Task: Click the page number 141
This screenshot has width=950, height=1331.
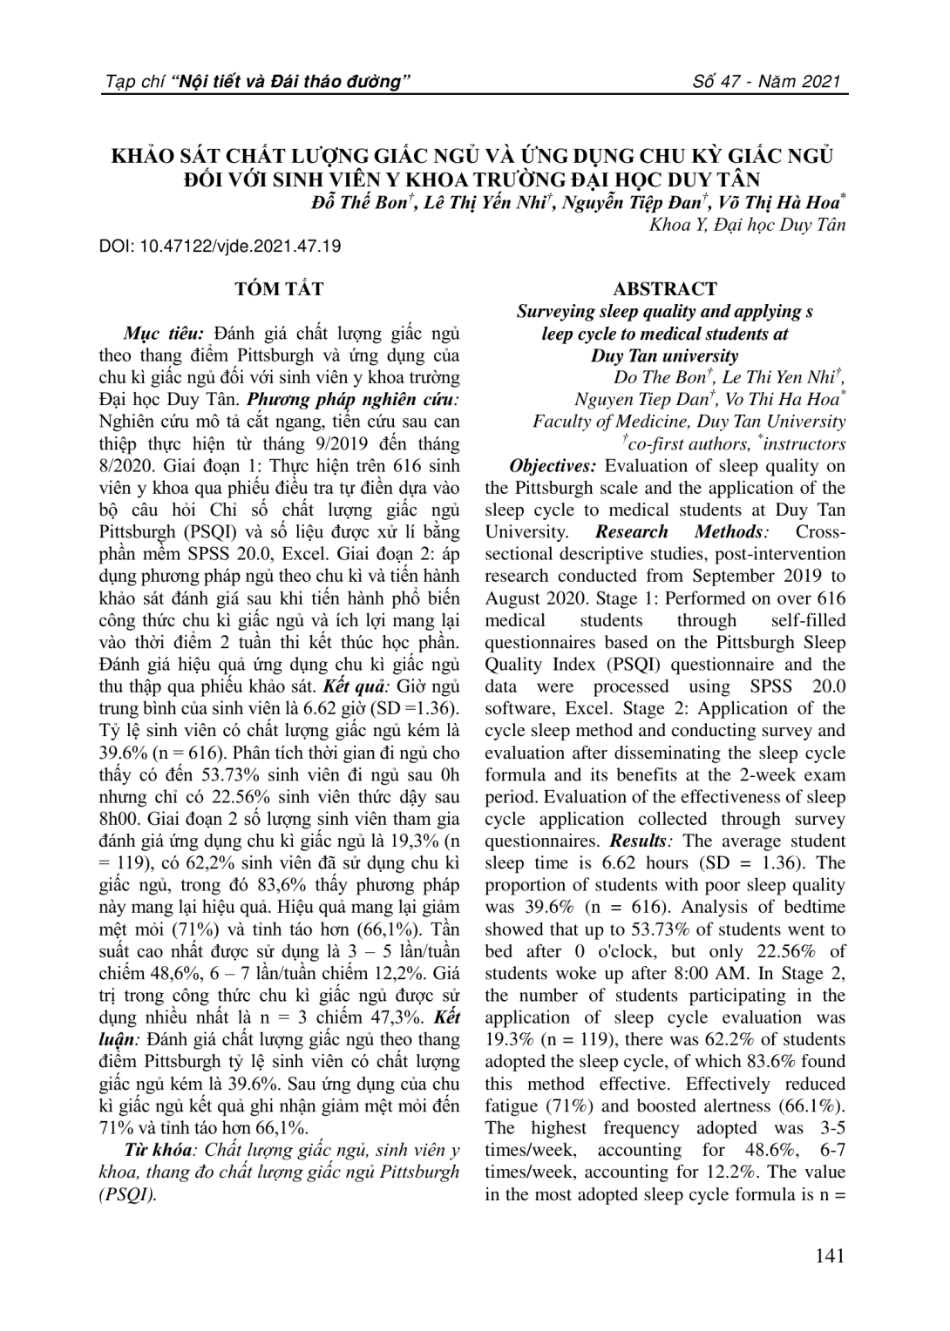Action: [829, 1256]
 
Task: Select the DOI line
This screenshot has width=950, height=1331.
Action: [221, 246]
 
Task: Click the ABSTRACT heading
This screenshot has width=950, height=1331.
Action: [665, 289]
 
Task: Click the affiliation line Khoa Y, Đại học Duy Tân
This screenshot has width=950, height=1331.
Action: [747, 225]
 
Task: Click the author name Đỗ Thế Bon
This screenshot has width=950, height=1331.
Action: [360, 204]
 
